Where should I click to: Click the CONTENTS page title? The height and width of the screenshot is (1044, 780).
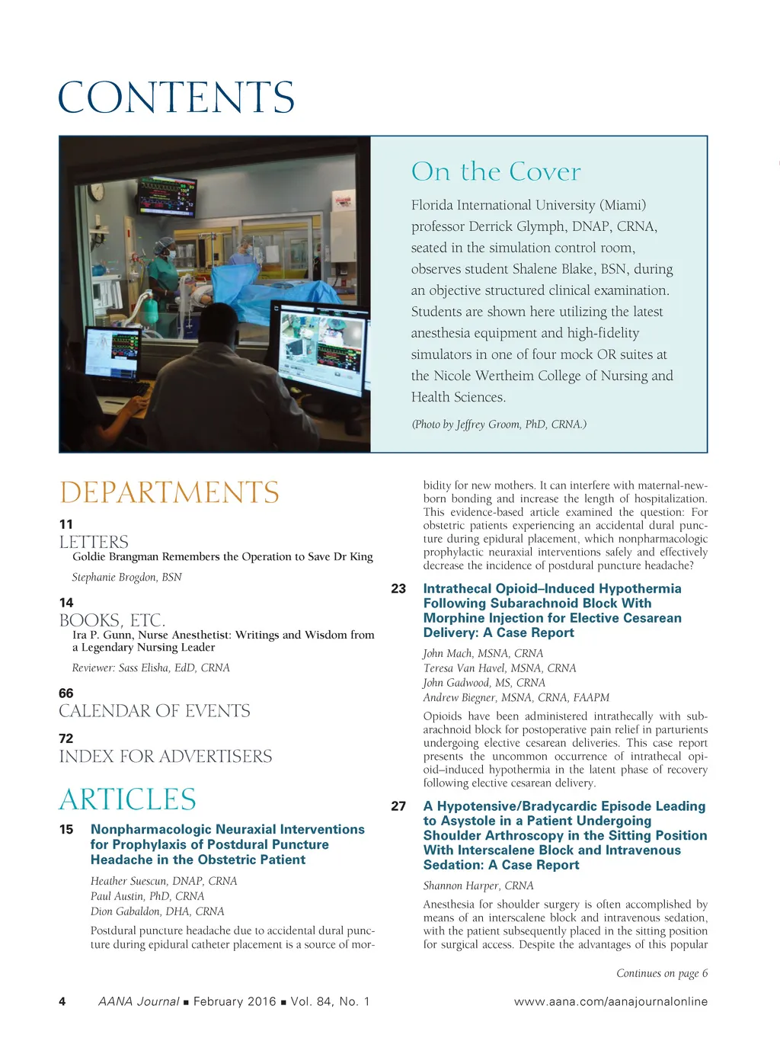click(x=176, y=98)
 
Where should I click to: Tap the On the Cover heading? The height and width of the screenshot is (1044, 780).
click(x=496, y=171)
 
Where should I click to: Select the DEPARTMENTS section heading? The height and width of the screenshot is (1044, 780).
click(x=169, y=492)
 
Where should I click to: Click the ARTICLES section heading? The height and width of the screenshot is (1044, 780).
click(x=127, y=799)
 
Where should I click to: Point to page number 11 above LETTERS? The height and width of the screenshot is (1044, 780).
click(x=66, y=524)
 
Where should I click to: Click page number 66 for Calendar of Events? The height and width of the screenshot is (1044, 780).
click(x=66, y=693)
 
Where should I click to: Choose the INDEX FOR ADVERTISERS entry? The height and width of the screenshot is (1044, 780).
click(x=165, y=756)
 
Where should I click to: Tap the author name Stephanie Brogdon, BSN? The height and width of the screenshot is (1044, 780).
click(x=126, y=577)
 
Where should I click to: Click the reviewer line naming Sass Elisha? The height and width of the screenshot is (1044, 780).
click(x=151, y=668)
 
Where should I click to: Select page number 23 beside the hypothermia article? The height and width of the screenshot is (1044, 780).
click(x=398, y=588)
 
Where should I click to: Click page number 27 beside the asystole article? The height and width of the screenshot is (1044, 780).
click(x=398, y=806)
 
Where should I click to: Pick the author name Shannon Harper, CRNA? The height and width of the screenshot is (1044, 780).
click(x=478, y=885)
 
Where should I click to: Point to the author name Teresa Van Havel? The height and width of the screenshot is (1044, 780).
click(x=500, y=668)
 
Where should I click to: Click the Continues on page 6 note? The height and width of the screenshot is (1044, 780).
click(x=662, y=973)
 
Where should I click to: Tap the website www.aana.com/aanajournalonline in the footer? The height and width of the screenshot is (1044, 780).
click(x=611, y=1001)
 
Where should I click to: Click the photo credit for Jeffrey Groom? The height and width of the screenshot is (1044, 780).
click(x=499, y=424)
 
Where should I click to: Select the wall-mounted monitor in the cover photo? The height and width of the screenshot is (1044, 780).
click(x=166, y=194)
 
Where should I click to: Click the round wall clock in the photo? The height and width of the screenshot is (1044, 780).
click(x=97, y=191)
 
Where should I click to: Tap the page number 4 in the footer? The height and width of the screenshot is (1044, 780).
click(x=62, y=1001)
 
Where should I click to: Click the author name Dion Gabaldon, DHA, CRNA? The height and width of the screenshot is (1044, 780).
click(x=158, y=911)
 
